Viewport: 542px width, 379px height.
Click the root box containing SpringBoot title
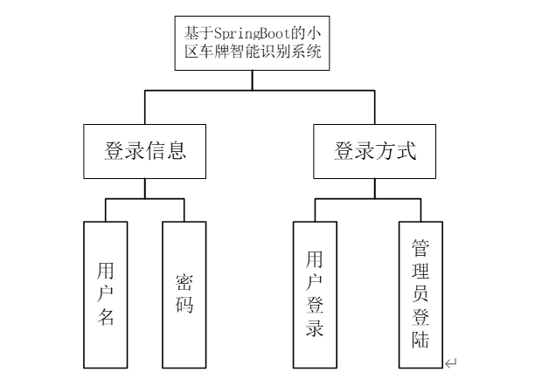coord(253,41)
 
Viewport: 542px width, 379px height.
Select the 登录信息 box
coord(145,150)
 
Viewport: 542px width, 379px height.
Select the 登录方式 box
coord(374,150)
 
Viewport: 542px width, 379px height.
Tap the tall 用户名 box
coord(105,294)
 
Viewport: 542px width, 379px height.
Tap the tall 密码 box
coord(184,294)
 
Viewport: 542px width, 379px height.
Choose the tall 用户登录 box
coord(315,294)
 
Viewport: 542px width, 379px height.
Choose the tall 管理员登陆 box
coord(421,294)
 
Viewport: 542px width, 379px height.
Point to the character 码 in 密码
coord(184,307)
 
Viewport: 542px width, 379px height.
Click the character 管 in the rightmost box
coord(421,247)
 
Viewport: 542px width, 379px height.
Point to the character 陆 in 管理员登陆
coord(421,339)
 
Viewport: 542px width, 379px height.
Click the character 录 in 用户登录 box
coord(315,329)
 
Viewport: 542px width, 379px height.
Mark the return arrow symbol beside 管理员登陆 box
coord(450,362)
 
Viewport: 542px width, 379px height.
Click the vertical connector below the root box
coord(253,79)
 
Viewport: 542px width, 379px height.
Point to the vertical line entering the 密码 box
coord(184,210)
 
